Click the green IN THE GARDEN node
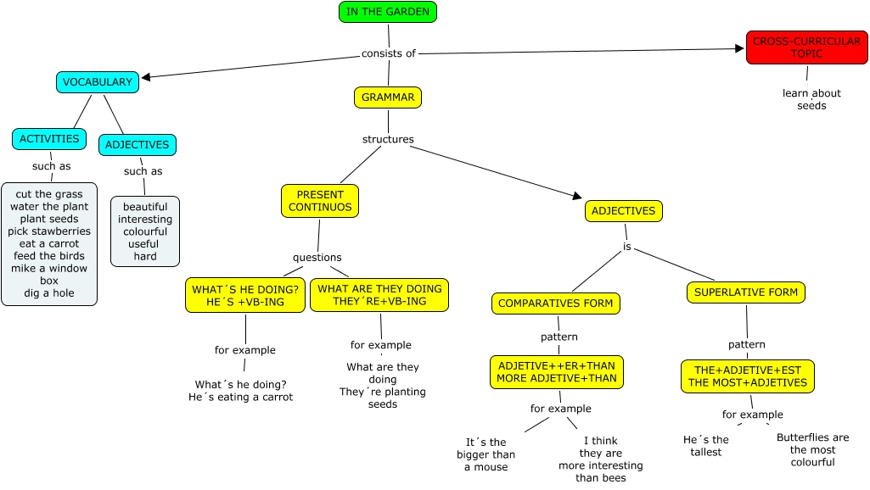click(387, 12)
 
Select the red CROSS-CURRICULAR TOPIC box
click(806, 47)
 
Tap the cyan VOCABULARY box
click(98, 82)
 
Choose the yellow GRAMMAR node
click(388, 97)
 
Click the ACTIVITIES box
click(49, 139)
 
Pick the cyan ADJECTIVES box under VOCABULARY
click(138, 145)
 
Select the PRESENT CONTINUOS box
click(320, 201)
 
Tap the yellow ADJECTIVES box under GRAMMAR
click(623, 211)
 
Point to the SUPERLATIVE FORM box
click(746, 292)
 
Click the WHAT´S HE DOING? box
click(245, 296)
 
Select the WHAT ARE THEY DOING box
click(379, 295)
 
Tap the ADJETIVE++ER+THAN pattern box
click(557, 372)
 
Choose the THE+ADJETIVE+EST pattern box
click(747, 376)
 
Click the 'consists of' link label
click(389, 53)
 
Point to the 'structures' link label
click(388, 139)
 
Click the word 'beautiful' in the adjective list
click(145, 207)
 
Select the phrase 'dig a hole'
click(49, 293)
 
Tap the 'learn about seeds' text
click(811, 99)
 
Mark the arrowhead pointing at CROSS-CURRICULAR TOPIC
click(739, 48)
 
